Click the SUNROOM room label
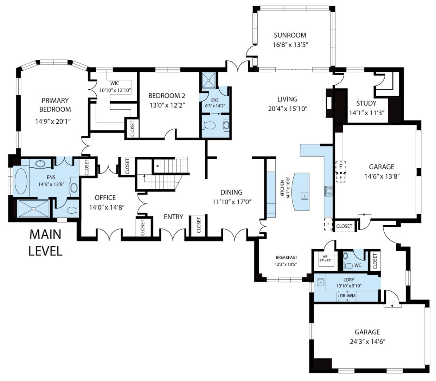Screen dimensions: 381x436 click(x=290, y=35)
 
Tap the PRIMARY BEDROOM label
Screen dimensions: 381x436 click(x=55, y=105)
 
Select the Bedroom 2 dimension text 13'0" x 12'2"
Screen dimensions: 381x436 click(x=167, y=105)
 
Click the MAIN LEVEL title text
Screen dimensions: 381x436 click(x=45, y=243)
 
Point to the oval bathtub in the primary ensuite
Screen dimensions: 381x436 click(x=21, y=182)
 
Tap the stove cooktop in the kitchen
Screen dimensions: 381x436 click(x=328, y=191)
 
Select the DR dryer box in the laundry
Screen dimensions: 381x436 click(x=342, y=296)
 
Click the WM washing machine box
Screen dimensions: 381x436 click(x=352, y=296)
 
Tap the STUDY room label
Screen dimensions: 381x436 click(x=366, y=103)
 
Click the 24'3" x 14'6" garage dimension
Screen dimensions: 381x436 click(x=367, y=341)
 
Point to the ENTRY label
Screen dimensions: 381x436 click(x=173, y=217)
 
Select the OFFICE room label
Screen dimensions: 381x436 click(x=105, y=198)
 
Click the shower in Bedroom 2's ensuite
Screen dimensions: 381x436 click(x=209, y=80)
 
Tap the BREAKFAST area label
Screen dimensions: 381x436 click(x=286, y=257)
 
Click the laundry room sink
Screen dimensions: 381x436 click(x=320, y=282)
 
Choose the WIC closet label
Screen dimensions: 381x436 click(x=115, y=83)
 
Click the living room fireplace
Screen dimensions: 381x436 click(x=328, y=103)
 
